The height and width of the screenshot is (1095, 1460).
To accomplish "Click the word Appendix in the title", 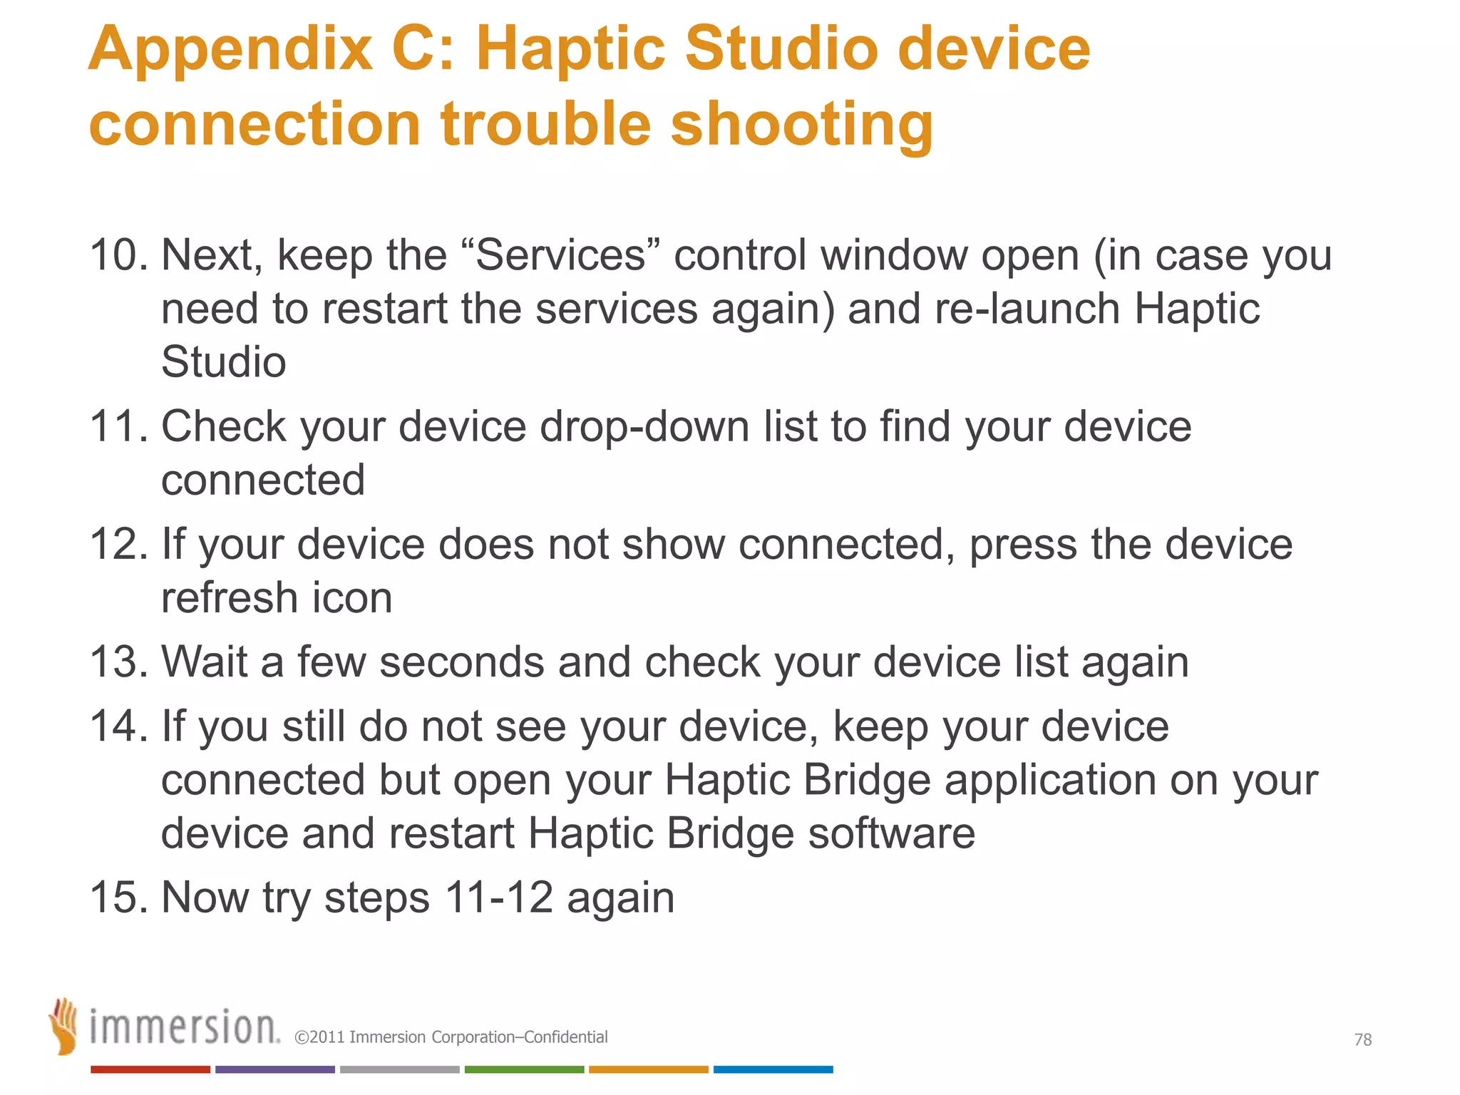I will click(x=230, y=50).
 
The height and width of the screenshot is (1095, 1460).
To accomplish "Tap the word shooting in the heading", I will click(x=801, y=125).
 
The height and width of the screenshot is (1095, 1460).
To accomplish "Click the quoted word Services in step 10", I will click(x=560, y=255).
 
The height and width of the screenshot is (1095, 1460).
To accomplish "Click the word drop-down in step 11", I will click(x=644, y=426).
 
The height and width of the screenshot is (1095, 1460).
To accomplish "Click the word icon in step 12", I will click(x=352, y=597).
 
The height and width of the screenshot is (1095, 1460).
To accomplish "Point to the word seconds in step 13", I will click(x=462, y=662).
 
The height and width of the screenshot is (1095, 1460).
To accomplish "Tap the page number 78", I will click(x=1362, y=1040).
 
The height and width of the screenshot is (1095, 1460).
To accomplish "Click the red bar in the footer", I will click(x=150, y=1069).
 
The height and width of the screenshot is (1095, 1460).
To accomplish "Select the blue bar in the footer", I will click(x=773, y=1069).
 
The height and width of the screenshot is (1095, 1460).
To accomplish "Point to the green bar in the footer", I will click(x=524, y=1069).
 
